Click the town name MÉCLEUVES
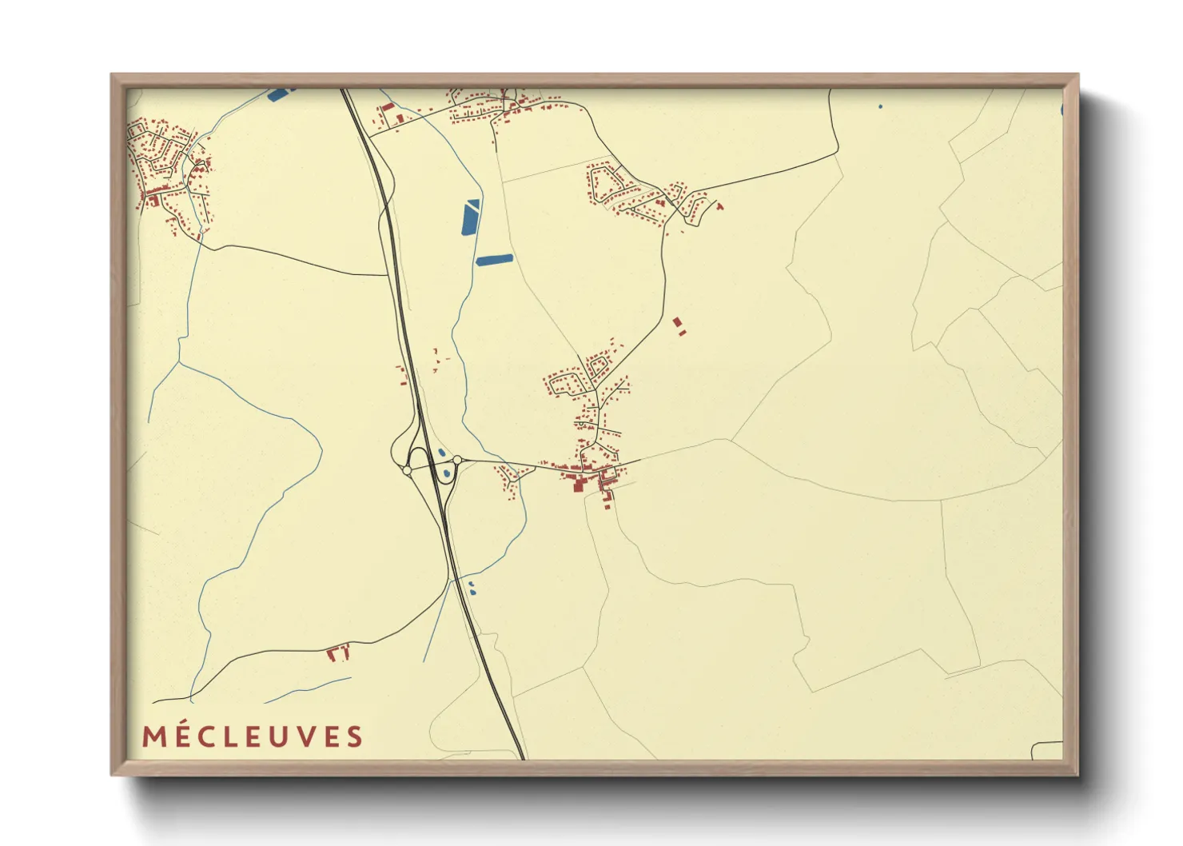(x=253, y=736)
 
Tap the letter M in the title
(x=153, y=736)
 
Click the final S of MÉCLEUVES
(x=354, y=736)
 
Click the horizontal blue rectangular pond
(x=495, y=259)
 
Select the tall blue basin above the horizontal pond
(x=472, y=217)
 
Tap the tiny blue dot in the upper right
(x=880, y=106)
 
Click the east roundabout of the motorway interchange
(x=457, y=460)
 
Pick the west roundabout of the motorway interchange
(x=407, y=471)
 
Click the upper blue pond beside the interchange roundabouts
(x=441, y=453)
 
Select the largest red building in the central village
(x=576, y=484)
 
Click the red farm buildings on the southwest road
(x=338, y=652)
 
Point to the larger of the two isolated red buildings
(x=678, y=322)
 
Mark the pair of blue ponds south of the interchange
(x=472, y=589)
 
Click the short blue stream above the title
(x=308, y=690)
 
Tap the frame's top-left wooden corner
(x=116, y=79)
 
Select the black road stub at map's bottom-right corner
(x=1046, y=748)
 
